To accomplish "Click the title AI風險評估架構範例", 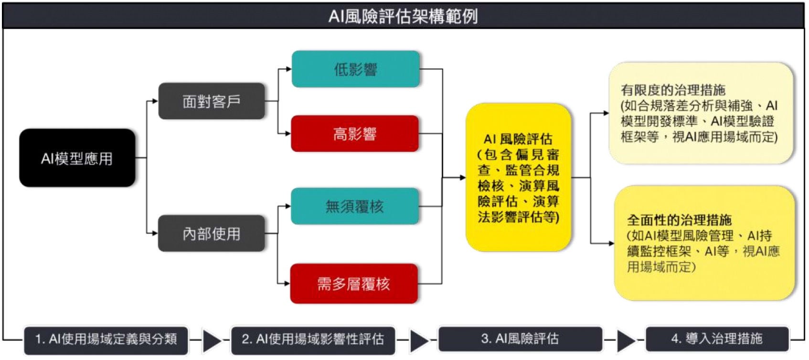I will pyautogui.click(x=404, y=16).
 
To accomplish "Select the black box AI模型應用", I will pyautogui.click(x=77, y=158).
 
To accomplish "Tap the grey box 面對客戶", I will pyautogui.click(x=211, y=101).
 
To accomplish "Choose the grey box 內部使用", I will pyautogui.click(x=211, y=233).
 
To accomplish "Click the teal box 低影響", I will pyautogui.click(x=355, y=70).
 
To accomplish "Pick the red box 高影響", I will pyautogui.click(x=355, y=134).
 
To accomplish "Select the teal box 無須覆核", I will pyautogui.click(x=354, y=206).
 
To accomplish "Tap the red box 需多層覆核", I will pyautogui.click(x=354, y=284).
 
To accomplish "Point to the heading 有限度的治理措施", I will pyautogui.click(x=673, y=90).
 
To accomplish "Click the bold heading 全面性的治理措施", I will pyautogui.click(x=679, y=220).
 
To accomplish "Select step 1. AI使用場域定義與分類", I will pyautogui.click(x=106, y=339).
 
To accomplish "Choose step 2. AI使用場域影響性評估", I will pyautogui.click(x=313, y=339).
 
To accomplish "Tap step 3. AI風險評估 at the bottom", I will pyautogui.click(x=520, y=339).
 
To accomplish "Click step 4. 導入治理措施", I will pyautogui.click(x=717, y=339).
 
